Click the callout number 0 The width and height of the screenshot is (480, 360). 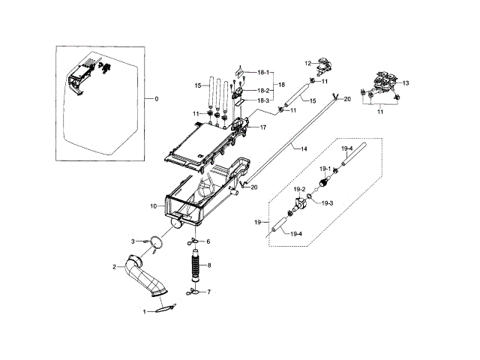156,99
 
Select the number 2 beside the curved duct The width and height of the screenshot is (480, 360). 115,266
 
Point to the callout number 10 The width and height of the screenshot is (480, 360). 152,205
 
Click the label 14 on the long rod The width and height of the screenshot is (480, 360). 304,150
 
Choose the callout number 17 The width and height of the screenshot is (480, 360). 263,127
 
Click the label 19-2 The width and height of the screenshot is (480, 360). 298,189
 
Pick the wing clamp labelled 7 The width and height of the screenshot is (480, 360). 193,291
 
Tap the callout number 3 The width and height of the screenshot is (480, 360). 133,241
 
